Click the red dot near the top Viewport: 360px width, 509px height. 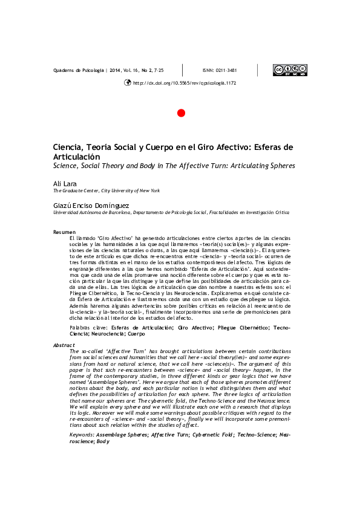(180, 113)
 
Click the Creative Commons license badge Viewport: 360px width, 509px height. (290, 70)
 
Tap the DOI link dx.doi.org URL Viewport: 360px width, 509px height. (184, 83)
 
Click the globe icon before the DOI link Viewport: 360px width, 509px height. (127, 83)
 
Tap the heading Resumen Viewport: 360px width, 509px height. (65, 232)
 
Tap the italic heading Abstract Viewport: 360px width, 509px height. (65, 345)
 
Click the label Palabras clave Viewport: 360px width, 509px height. (90, 326)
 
